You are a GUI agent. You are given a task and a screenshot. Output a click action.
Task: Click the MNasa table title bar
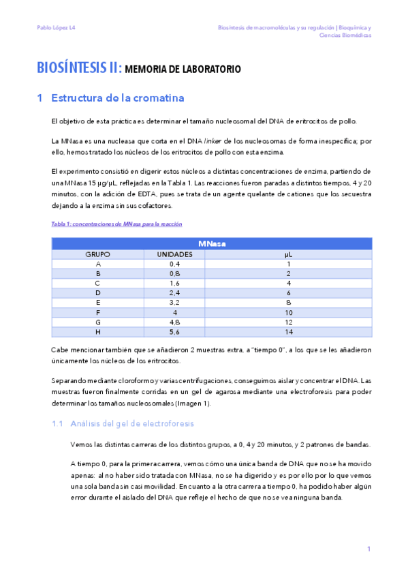(212, 243)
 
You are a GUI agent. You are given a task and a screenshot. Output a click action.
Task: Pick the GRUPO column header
(97, 254)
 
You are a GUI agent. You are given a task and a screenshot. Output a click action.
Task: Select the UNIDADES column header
(174, 254)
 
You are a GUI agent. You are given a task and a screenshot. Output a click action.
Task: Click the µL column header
(288, 254)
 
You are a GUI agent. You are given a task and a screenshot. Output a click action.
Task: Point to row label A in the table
(97, 263)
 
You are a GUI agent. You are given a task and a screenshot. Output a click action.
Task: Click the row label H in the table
(97, 332)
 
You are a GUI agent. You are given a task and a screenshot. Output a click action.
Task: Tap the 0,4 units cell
(174, 263)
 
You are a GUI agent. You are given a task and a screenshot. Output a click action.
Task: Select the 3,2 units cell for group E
(174, 302)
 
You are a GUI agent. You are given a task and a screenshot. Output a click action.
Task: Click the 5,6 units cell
(174, 332)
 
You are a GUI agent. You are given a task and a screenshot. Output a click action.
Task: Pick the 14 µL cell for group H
(288, 332)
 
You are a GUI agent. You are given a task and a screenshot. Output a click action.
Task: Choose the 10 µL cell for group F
(288, 312)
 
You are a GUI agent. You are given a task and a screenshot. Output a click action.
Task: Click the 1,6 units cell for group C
(174, 283)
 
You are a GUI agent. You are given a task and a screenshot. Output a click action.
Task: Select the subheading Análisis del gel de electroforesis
(132, 423)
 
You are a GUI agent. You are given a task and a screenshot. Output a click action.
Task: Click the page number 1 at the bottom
(368, 549)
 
